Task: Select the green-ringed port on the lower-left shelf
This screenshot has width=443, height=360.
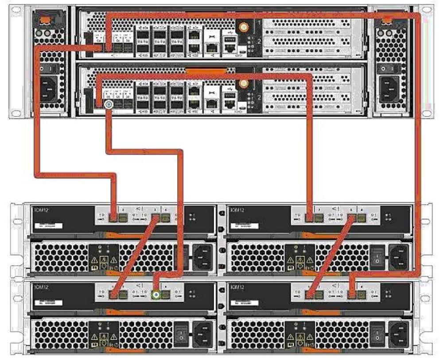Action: point(155,293)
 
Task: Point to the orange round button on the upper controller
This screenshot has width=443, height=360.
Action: point(242,27)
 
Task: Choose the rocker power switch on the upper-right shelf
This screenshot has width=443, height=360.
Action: point(377,255)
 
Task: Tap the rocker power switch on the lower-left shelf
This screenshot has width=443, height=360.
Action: point(182,331)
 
